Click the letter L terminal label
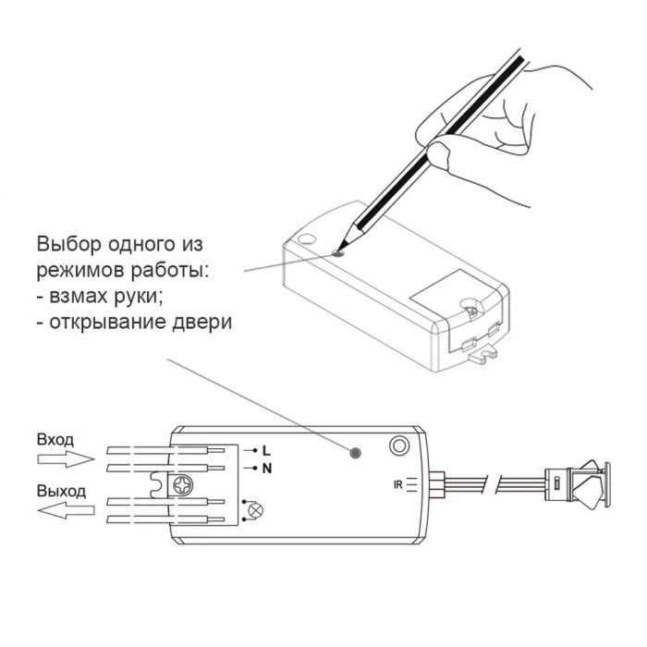pos(266,451)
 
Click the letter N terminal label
pos(267,469)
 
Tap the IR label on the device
pos(397,485)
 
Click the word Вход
pos(55,440)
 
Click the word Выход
pos(62,492)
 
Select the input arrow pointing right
pos(66,458)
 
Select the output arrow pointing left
pos(66,510)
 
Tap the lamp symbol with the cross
pos(256,510)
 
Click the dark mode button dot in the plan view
pos(355,453)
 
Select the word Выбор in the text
pos(69,244)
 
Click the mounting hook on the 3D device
pos(482,356)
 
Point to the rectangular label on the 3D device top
pos(439,289)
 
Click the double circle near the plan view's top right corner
pos(398,446)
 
